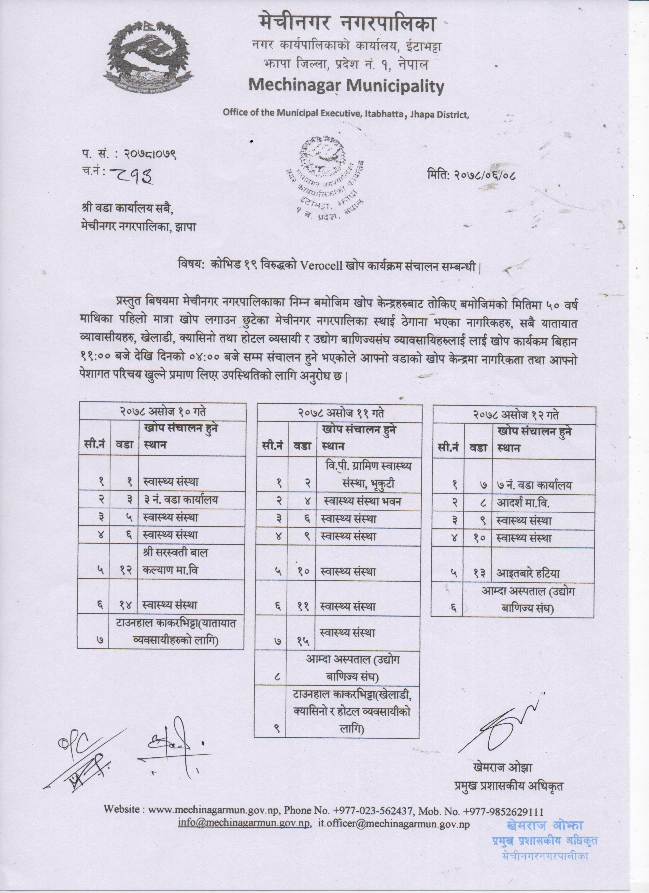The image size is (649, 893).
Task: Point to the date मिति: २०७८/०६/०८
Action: point(471,173)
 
